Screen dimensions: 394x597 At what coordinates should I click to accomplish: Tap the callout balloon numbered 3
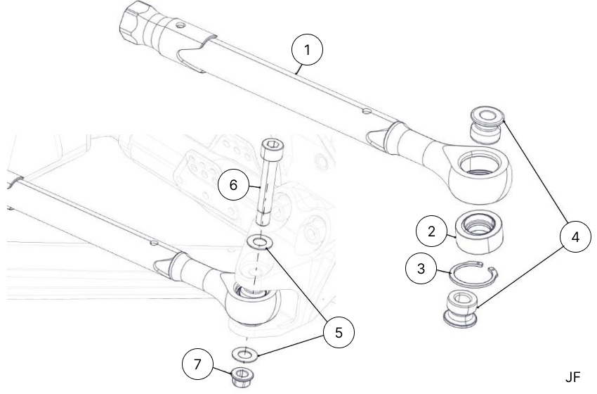click(x=420, y=268)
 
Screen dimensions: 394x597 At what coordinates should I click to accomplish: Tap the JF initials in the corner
click(x=572, y=377)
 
